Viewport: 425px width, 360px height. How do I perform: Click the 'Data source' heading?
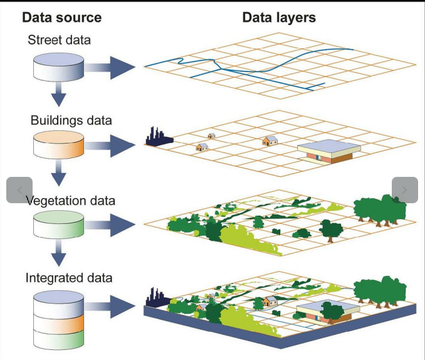61,18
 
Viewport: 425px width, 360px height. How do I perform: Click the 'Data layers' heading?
279,18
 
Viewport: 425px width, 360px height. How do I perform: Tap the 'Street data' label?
59,40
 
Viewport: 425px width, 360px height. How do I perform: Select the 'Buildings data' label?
71,120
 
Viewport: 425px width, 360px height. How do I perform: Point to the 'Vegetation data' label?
70,201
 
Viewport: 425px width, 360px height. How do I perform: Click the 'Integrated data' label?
69,277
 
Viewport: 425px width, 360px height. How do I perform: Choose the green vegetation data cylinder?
58,225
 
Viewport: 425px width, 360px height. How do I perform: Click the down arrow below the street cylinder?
58,95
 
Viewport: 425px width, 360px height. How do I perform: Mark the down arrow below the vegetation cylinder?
58,255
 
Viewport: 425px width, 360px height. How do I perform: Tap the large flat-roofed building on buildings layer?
328,151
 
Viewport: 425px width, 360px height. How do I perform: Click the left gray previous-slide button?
19,190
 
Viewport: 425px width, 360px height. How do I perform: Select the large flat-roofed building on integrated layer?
327,310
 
